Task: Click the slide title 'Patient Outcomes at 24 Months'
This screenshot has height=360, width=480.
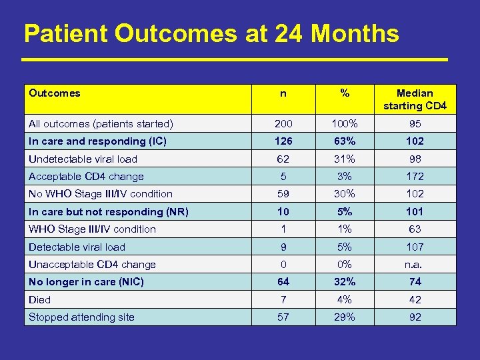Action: (x=211, y=33)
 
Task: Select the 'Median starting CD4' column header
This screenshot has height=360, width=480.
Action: (x=415, y=99)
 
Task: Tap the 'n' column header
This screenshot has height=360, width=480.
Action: (x=283, y=93)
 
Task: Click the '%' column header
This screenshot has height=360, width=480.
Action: (x=345, y=93)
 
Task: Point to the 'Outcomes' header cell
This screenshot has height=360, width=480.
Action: (x=55, y=93)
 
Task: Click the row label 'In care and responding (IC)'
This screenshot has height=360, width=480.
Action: (x=97, y=141)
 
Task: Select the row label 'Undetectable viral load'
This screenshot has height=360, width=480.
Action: (x=83, y=159)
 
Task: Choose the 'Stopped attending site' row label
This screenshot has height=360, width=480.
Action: (x=82, y=317)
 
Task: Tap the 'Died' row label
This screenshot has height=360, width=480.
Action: (x=40, y=300)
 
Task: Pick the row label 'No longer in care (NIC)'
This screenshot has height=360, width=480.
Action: (x=87, y=282)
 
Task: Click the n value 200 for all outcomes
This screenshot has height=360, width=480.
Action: (x=283, y=123)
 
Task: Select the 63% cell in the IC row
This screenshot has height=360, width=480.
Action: (x=345, y=141)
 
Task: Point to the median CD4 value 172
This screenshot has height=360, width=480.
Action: (x=415, y=177)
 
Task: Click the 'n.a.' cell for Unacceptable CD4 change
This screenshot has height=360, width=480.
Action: (x=415, y=265)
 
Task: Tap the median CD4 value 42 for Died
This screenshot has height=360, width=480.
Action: (x=415, y=300)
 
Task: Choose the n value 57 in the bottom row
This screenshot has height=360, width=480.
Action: (x=283, y=317)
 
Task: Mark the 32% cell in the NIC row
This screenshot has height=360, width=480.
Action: (x=345, y=282)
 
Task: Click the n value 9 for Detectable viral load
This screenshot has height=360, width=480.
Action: (x=283, y=247)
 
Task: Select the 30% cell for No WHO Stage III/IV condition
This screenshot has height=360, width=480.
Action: (x=345, y=194)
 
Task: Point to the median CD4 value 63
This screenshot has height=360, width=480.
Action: (x=415, y=229)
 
